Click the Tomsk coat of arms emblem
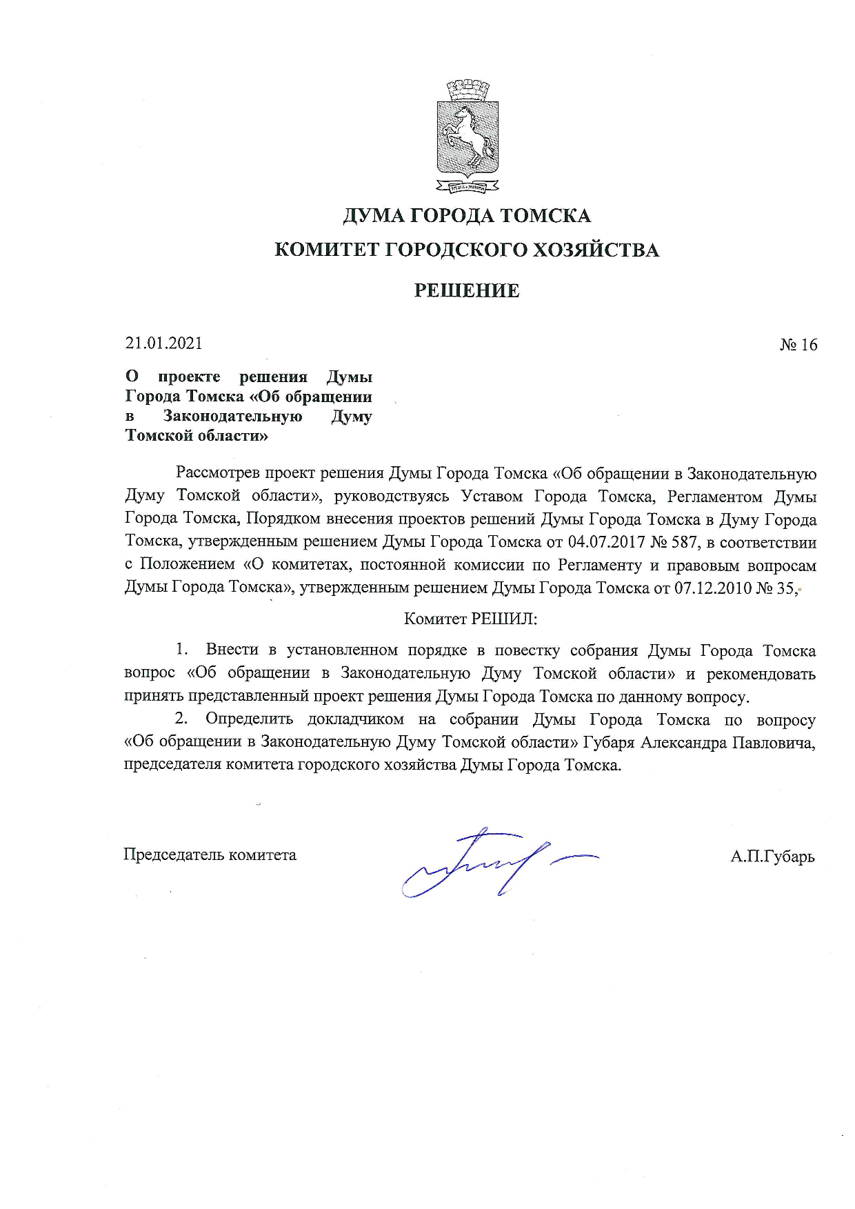point(467,137)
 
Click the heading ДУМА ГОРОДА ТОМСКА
point(467,216)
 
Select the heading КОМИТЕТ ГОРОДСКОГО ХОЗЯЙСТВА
point(467,250)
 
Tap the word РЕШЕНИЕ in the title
point(467,290)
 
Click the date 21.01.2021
point(164,343)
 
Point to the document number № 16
point(798,345)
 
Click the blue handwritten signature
point(483,862)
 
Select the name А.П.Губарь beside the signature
point(772,857)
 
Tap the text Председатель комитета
point(210,855)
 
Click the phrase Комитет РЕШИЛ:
point(470,619)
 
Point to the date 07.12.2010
point(712,588)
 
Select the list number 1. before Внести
point(182,650)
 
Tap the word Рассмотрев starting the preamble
point(218,473)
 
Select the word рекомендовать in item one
point(761,673)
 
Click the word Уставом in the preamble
point(492,497)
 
